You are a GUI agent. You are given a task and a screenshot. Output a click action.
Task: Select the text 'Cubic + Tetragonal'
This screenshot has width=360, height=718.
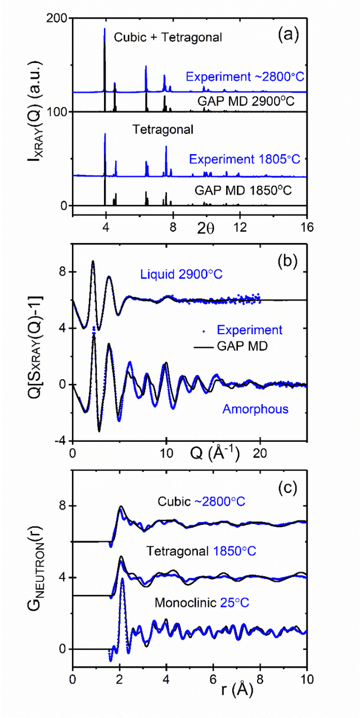(168, 38)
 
